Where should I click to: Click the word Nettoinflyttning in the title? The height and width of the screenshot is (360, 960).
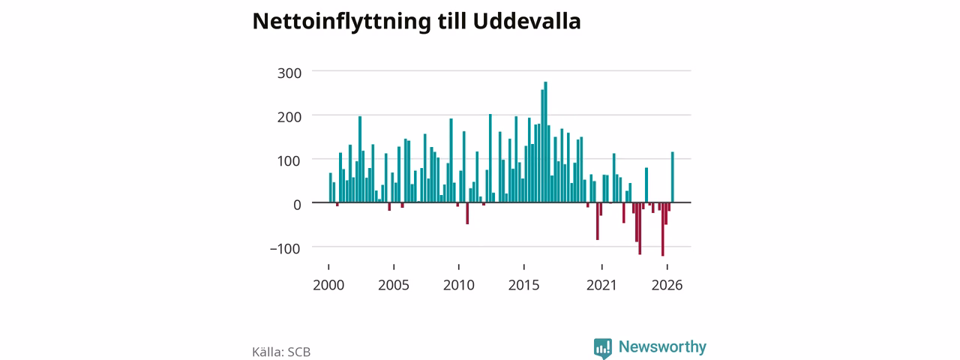pyautogui.click(x=341, y=22)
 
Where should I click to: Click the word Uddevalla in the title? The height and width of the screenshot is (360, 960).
pyautogui.click(x=526, y=21)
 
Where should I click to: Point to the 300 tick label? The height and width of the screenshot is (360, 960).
pyautogui.click(x=289, y=73)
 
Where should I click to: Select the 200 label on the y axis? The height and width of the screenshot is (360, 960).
pyautogui.click(x=289, y=117)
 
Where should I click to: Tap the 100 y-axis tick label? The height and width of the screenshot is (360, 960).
pyautogui.click(x=289, y=161)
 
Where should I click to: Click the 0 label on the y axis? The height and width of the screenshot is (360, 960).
pyautogui.click(x=297, y=205)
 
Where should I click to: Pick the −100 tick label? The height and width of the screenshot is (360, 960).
pyautogui.click(x=285, y=249)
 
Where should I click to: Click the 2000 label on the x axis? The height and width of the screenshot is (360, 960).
pyautogui.click(x=328, y=286)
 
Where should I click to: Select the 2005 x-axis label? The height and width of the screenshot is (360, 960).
pyautogui.click(x=394, y=286)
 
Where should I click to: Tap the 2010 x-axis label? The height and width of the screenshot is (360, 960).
pyautogui.click(x=458, y=286)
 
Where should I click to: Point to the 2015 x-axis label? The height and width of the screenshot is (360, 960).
pyautogui.click(x=523, y=286)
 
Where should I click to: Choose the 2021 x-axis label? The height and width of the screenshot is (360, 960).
pyautogui.click(x=601, y=286)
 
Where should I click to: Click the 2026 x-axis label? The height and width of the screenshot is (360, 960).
pyautogui.click(x=667, y=286)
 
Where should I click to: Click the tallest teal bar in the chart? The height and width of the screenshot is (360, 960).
pyautogui.click(x=545, y=142)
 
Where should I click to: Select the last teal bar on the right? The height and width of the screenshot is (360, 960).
pyautogui.click(x=673, y=177)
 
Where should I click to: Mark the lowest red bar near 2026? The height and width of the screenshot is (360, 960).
pyautogui.click(x=662, y=229)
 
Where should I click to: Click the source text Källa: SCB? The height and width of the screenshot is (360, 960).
pyautogui.click(x=281, y=352)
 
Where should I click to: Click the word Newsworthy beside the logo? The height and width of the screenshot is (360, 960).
pyautogui.click(x=662, y=346)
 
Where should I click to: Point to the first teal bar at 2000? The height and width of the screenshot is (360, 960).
pyautogui.click(x=331, y=187)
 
